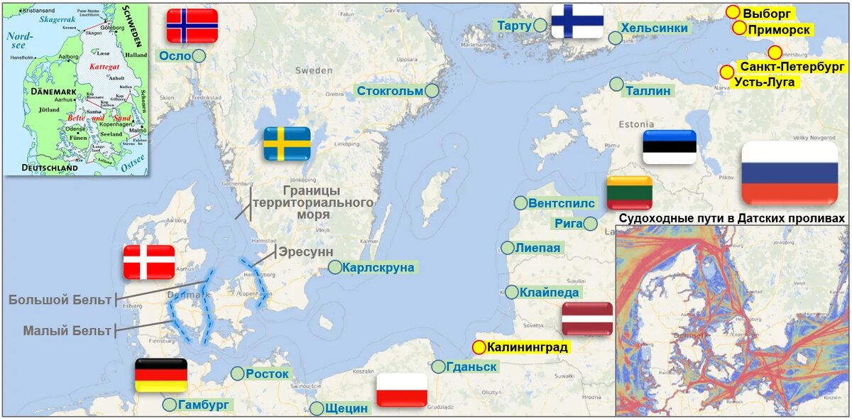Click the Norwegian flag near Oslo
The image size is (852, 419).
point(192,26)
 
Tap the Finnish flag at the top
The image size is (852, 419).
point(577,21)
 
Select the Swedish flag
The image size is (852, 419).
point(287,143)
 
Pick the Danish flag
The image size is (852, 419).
point(148,262)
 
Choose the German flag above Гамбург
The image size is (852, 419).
point(160,375)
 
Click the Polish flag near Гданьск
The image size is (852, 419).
point(402,390)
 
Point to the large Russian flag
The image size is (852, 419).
point(790,173)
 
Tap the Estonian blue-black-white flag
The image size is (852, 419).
point(669,147)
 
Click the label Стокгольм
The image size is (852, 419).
point(390,91)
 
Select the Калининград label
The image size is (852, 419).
point(528,347)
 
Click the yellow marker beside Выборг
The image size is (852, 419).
point(733,12)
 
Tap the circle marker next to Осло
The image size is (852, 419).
point(200,55)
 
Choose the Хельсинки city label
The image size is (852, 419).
point(654,28)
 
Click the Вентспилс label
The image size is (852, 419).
point(561,203)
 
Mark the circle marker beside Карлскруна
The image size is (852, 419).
point(334,267)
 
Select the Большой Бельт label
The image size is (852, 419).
point(60,300)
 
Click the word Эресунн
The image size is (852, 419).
point(305,252)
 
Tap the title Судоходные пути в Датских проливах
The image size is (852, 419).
point(733,218)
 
